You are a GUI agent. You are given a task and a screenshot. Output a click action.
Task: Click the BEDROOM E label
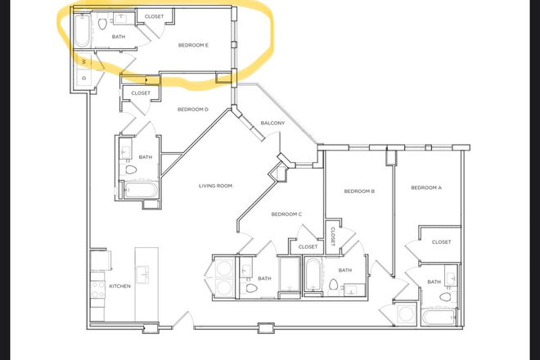[x=194, y=45]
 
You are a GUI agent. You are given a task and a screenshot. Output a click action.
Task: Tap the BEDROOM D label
[x=193, y=109]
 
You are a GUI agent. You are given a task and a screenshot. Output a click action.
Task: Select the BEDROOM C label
[x=286, y=214]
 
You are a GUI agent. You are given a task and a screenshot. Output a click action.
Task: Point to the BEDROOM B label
[x=358, y=191]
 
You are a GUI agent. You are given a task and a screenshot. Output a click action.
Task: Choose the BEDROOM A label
[x=425, y=188]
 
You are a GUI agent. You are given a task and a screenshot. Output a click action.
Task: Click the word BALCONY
[x=272, y=123]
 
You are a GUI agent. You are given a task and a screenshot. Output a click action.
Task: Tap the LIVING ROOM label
[x=216, y=186]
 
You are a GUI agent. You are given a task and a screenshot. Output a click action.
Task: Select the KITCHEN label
[x=120, y=286]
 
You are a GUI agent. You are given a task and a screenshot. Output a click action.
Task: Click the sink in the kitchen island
[x=142, y=272]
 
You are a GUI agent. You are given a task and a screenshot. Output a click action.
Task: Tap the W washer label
[x=84, y=61]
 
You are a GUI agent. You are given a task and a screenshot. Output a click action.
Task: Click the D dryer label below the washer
[x=84, y=77]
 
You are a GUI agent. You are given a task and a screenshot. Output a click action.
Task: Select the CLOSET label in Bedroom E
[x=153, y=16]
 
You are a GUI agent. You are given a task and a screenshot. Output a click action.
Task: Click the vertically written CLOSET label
[x=333, y=235]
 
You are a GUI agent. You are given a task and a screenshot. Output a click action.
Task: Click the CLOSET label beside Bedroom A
[x=441, y=242]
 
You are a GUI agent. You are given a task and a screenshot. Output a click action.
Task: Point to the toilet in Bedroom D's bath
[x=130, y=171]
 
